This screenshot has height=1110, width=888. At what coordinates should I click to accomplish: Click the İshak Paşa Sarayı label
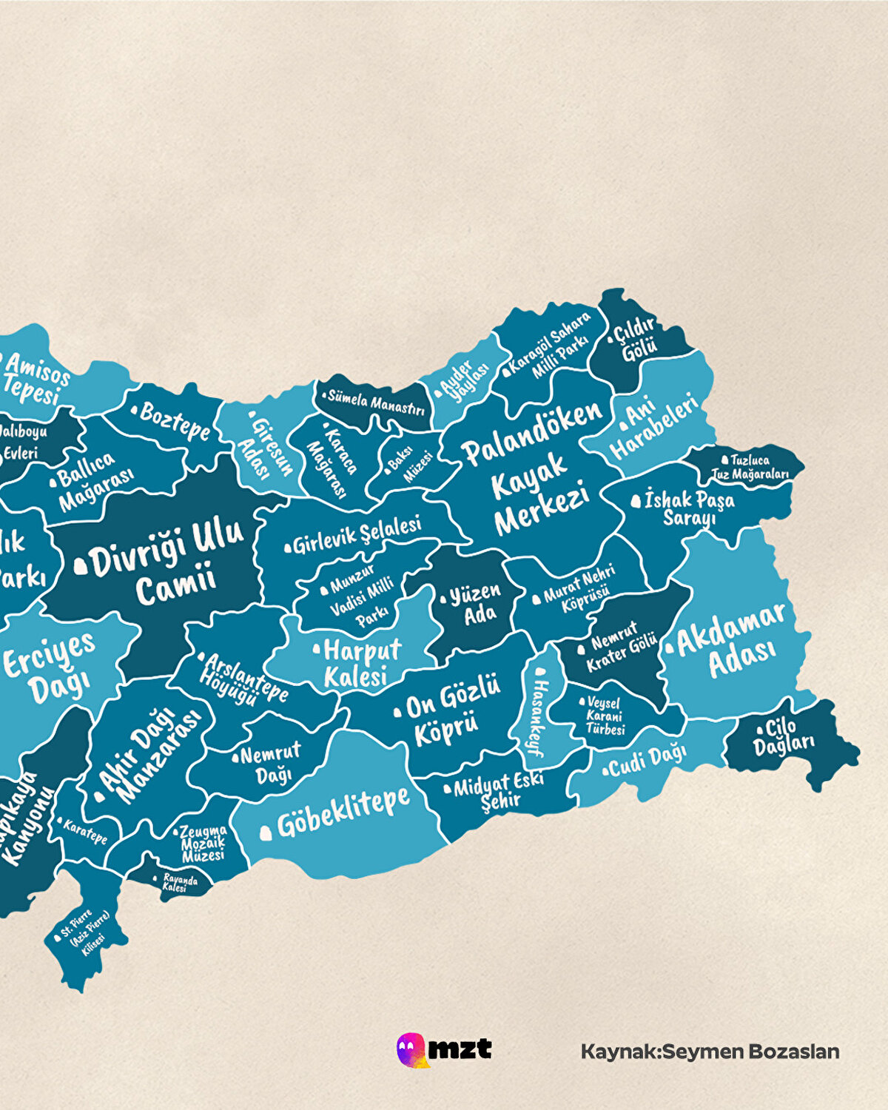(688, 508)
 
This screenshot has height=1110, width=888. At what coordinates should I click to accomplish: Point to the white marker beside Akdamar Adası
(670, 649)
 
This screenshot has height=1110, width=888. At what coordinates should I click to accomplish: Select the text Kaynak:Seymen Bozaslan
(710, 1052)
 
